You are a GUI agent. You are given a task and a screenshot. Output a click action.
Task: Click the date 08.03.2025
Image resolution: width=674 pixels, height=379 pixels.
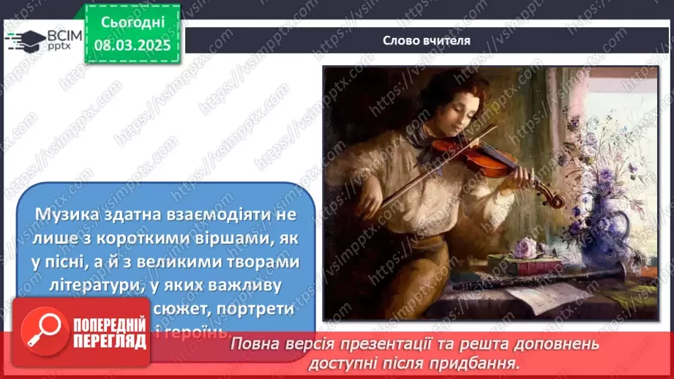point(132,45)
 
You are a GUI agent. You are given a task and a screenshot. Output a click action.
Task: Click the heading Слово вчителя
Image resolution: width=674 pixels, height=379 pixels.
point(427,41)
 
